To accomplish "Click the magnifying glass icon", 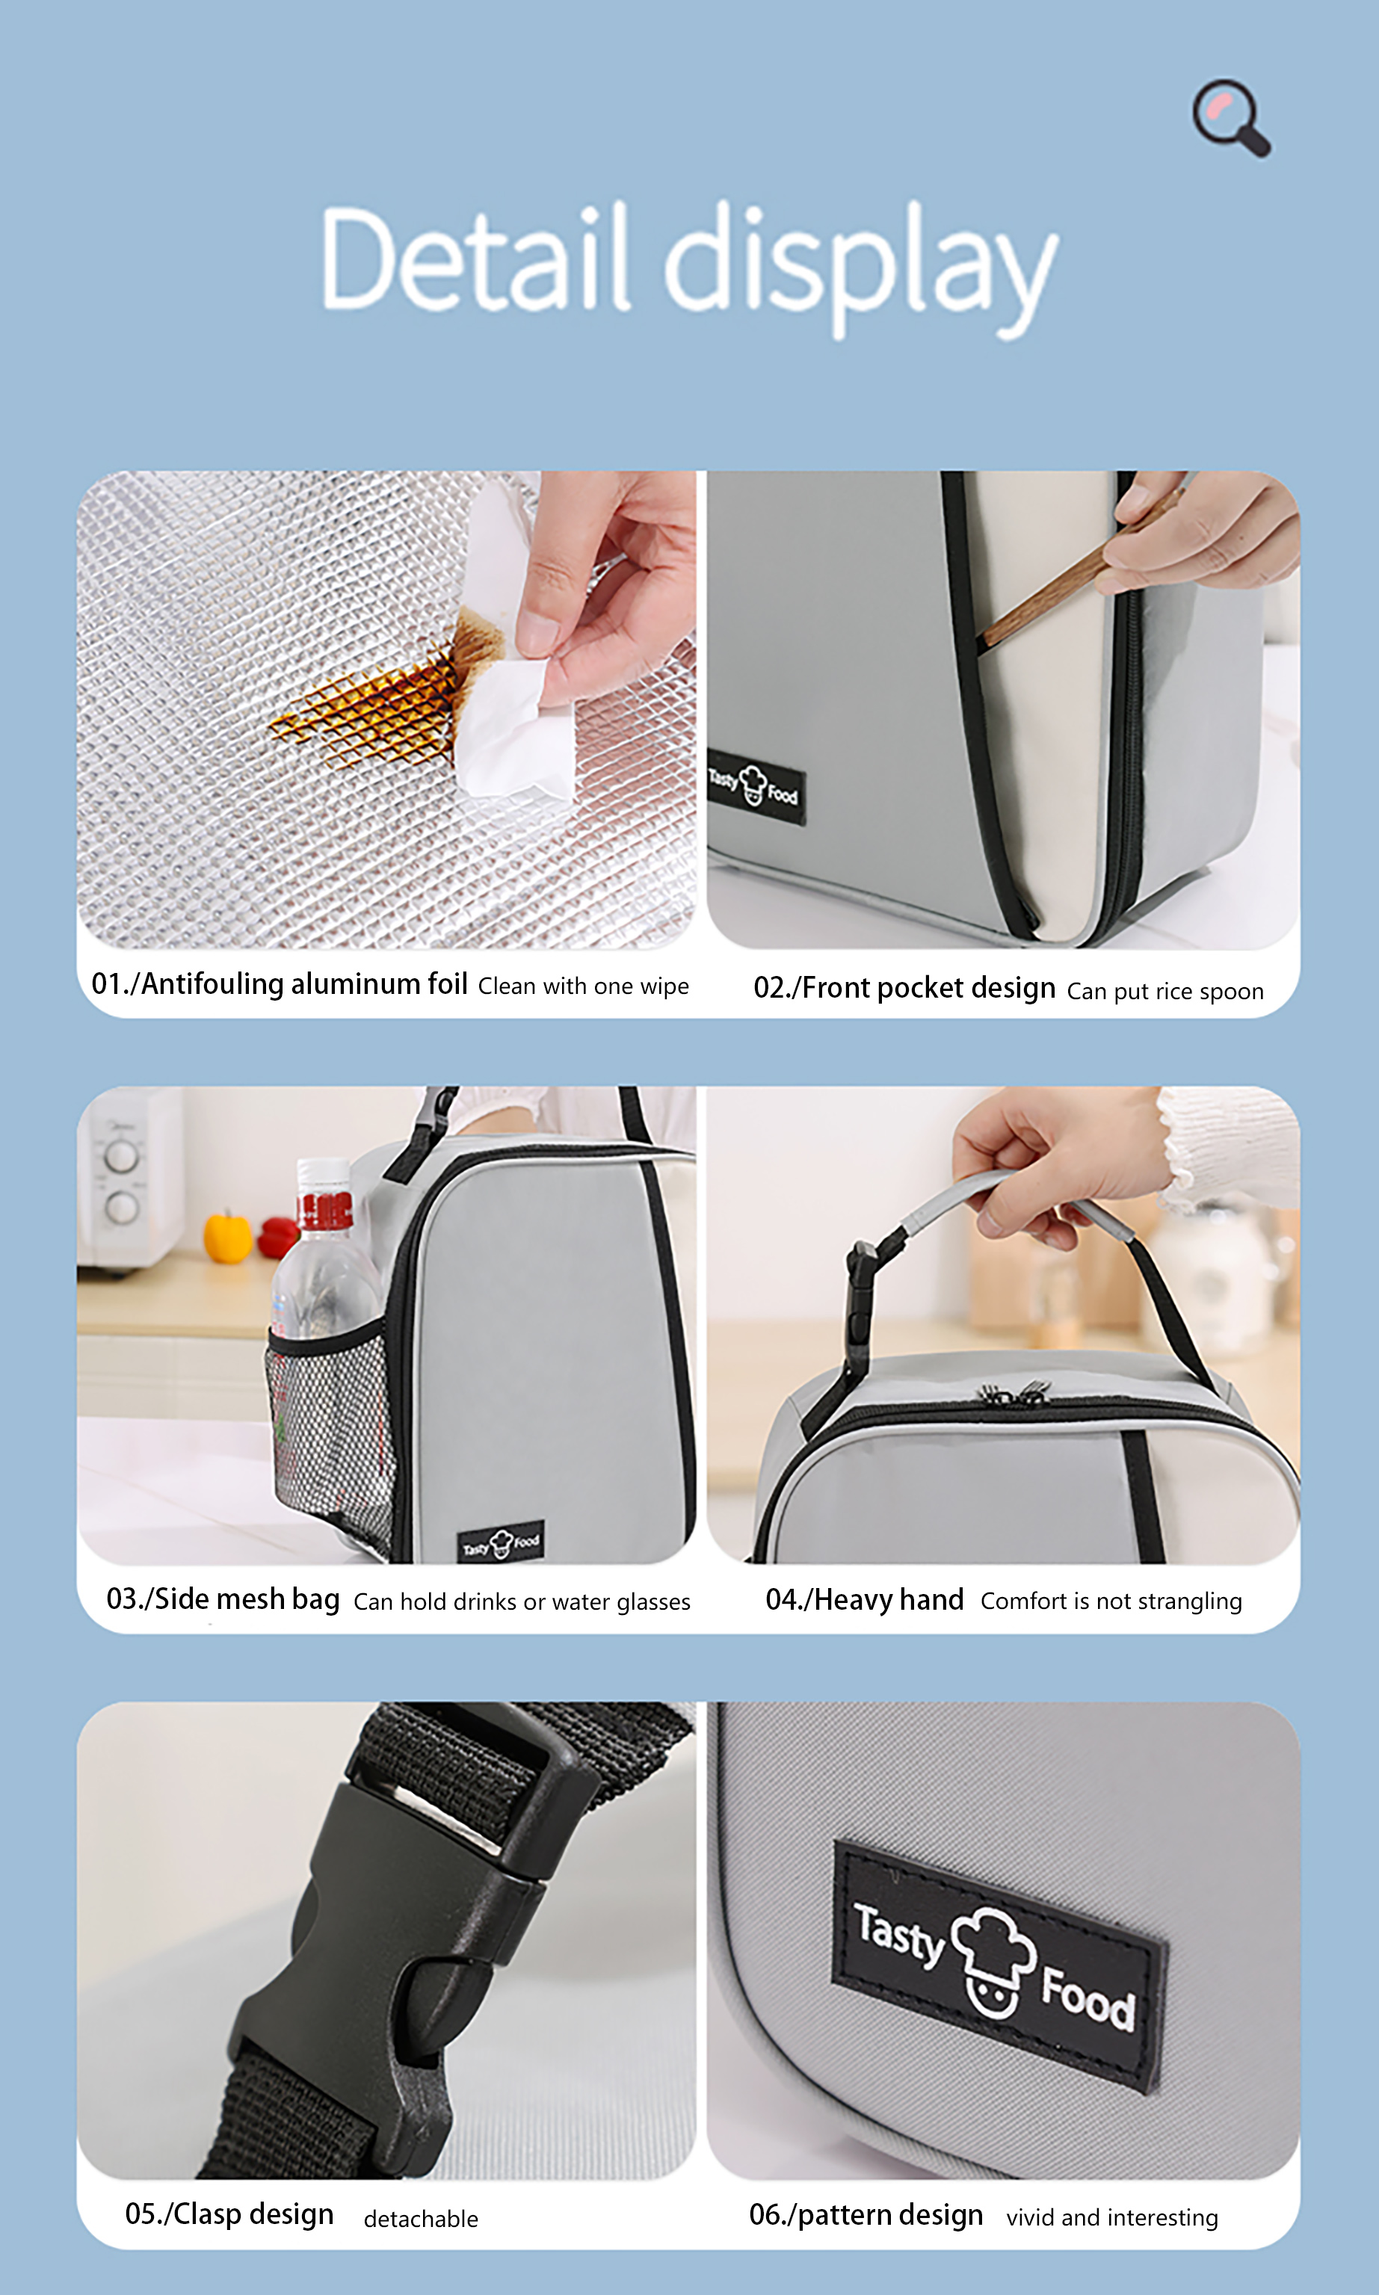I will tap(1231, 117).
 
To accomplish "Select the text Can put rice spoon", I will tap(1164, 992).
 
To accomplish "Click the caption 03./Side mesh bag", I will tap(223, 1599).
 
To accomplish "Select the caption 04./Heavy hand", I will tap(863, 1599).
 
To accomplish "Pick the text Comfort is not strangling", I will tap(1111, 1600).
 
